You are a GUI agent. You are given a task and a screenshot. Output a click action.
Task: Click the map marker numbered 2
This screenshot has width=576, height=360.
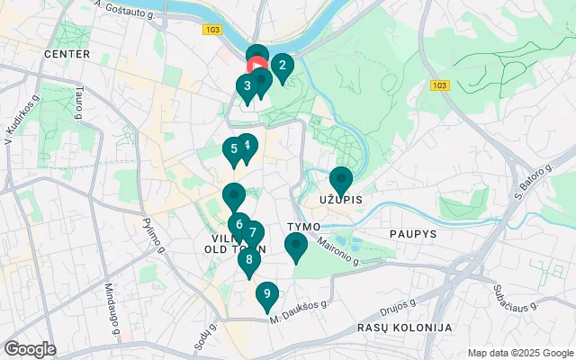283,66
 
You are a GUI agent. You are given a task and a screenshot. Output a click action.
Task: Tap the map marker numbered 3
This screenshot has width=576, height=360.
246,86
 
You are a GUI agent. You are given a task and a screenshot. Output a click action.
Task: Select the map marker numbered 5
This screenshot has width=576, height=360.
233,150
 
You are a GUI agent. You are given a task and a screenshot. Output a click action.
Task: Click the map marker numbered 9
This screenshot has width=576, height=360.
266,294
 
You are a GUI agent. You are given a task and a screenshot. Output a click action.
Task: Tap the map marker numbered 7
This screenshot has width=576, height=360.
253,233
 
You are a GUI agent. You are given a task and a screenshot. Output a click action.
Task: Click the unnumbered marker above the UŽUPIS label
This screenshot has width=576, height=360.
340,179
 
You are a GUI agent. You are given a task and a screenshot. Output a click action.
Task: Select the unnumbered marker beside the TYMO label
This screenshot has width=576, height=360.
295,245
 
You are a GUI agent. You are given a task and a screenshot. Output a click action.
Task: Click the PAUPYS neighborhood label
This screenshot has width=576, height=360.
412,233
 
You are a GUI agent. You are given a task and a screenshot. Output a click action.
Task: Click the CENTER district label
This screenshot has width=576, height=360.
67,54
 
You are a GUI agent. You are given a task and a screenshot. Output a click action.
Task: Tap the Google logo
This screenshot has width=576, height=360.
30,349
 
